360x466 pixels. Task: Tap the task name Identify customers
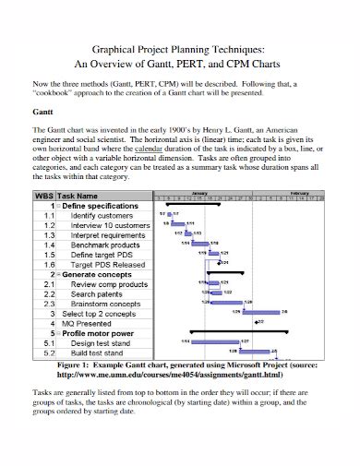tap(102, 215)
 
